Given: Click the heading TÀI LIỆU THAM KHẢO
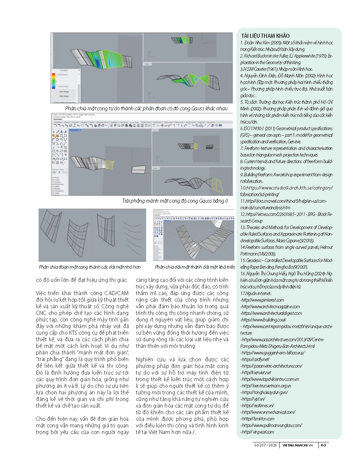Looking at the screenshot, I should [265, 36].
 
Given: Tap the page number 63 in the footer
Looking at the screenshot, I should [323, 445].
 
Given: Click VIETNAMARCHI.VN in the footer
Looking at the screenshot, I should [297, 445].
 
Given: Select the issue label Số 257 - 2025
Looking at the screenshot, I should [266, 445].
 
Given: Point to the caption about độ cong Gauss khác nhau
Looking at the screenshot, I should [146, 108].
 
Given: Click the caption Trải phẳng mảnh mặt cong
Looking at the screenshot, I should [175, 201].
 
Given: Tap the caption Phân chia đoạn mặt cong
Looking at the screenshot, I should [89, 267].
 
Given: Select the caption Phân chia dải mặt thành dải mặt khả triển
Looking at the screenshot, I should [195, 267].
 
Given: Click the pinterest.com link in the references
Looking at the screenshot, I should [263, 300].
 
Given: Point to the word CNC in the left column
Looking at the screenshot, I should [41, 313].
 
